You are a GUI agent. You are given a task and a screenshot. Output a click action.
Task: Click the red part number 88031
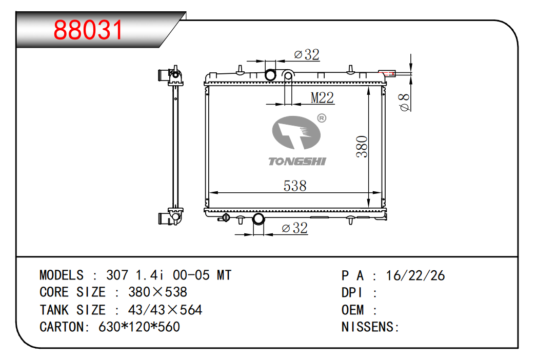click(88, 30)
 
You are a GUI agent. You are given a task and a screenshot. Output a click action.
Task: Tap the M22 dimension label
click(322, 98)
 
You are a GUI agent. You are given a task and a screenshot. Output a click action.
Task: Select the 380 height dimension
click(362, 147)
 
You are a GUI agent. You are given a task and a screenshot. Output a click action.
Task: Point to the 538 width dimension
click(295, 186)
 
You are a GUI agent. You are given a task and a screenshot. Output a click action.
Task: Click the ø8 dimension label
click(405, 103)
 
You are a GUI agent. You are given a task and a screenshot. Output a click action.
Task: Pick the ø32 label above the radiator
click(307, 54)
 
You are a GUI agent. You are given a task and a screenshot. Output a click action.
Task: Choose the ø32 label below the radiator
click(294, 228)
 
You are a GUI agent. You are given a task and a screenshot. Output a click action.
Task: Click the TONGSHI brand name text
click(297, 162)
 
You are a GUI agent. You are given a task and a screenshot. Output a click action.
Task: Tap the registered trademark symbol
click(322, 118)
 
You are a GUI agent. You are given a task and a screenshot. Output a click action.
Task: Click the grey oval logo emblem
click(296, 132)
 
